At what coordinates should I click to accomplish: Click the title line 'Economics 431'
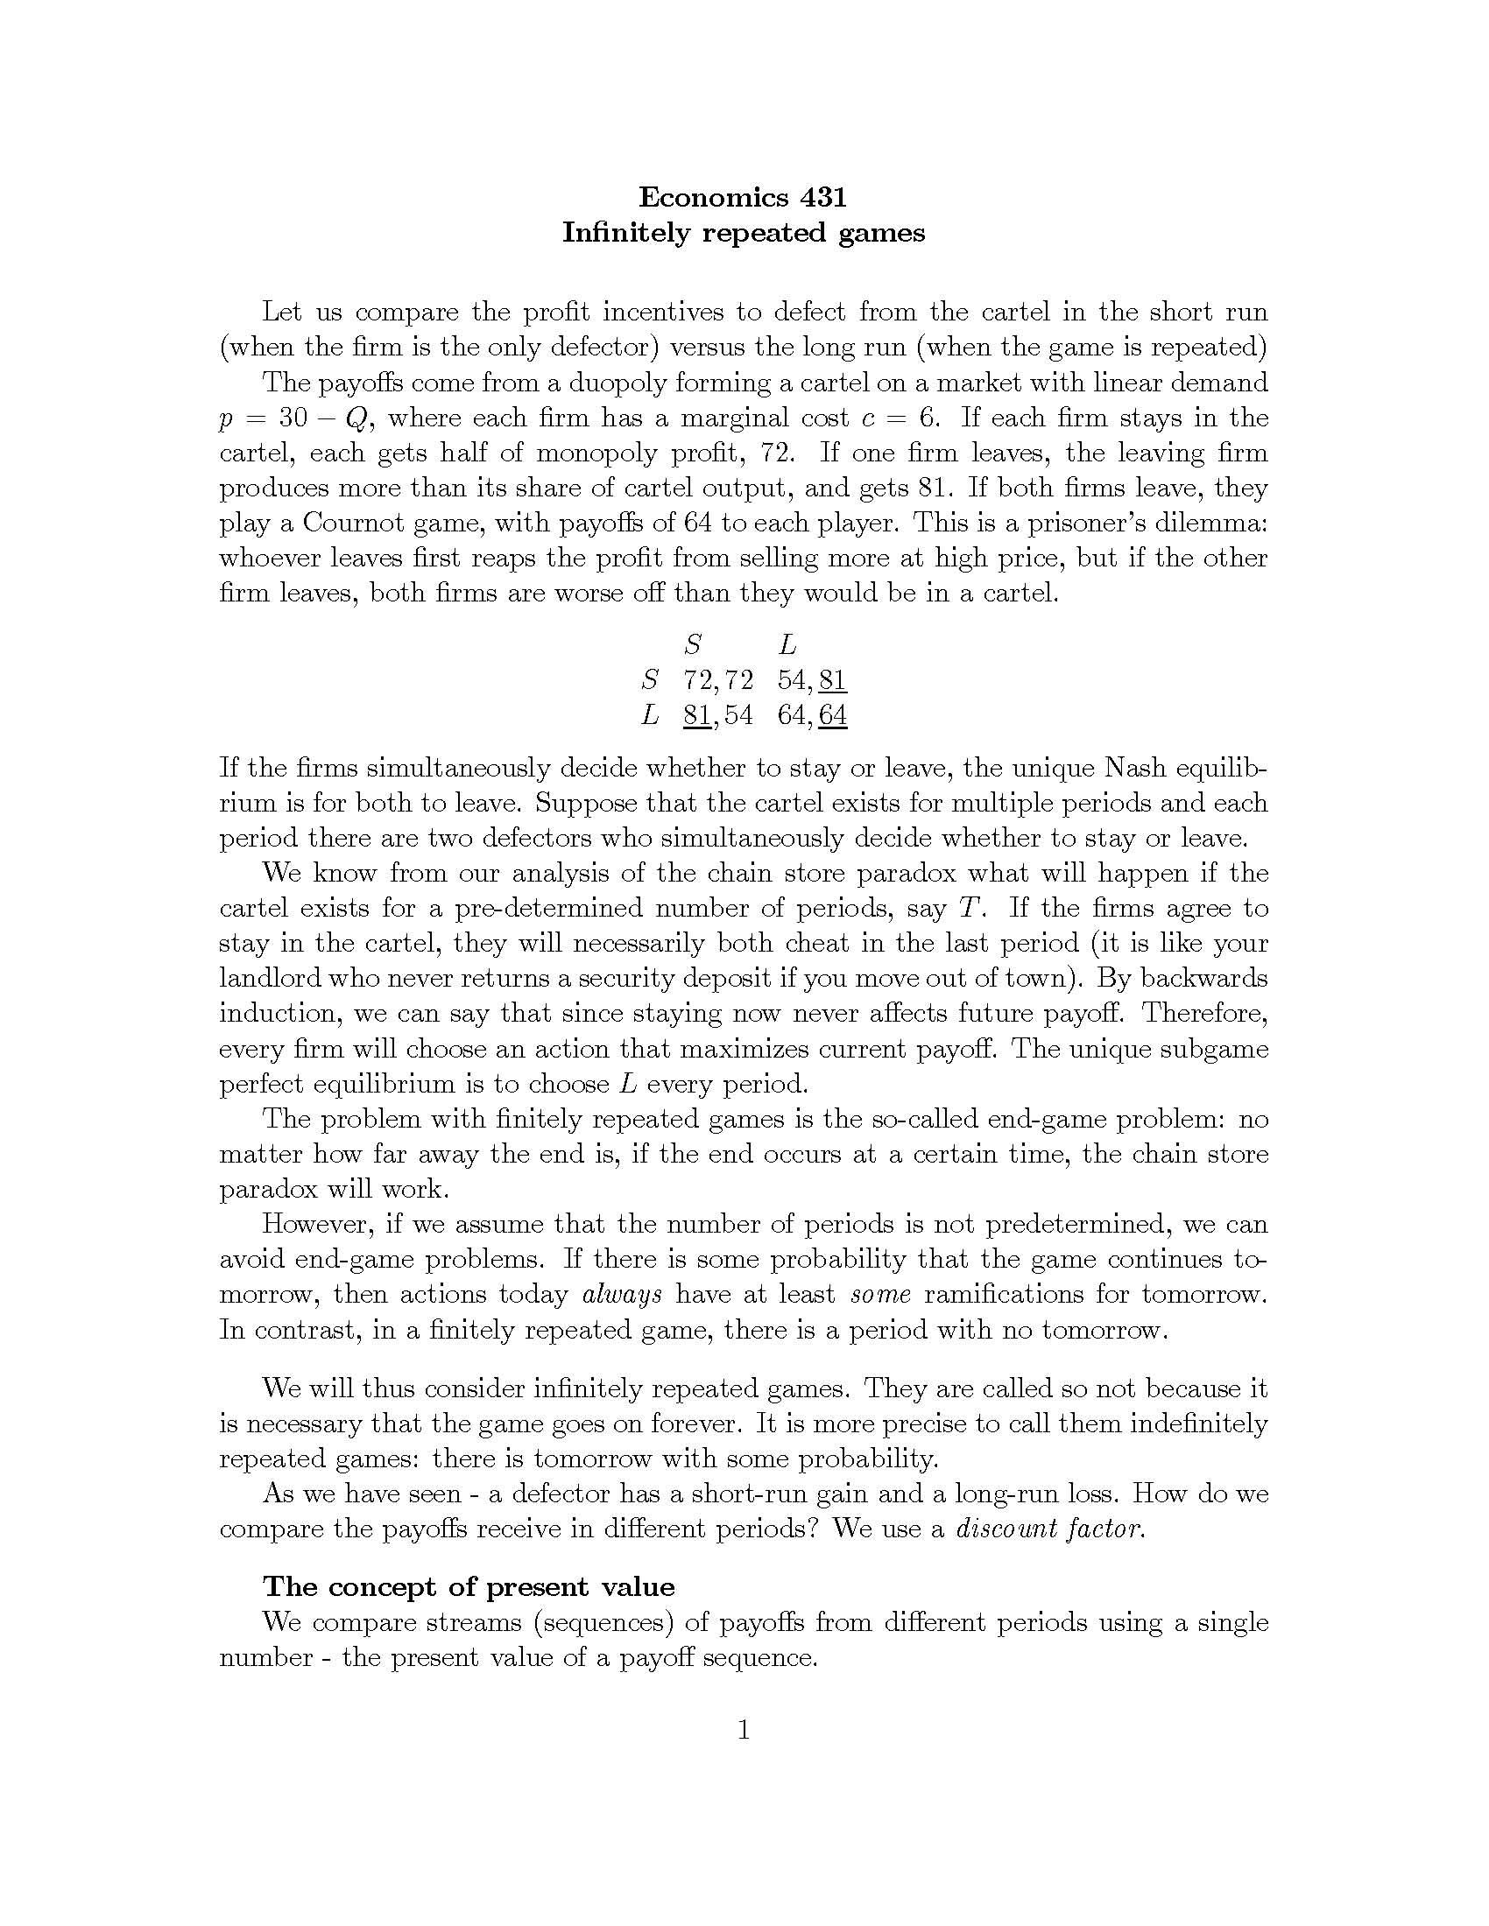click(x=743, y=196)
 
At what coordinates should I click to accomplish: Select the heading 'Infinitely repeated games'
click(x=743, y=233)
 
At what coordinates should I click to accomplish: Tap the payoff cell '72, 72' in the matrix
click(x=718, y=680)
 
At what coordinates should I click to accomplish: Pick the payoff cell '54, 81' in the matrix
click(x=812, y=680)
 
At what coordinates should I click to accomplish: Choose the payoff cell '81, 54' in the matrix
click(x=718, y=715)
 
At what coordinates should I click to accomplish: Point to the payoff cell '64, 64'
click(x=812, y=715)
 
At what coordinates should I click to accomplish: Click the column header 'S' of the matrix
click(x=694, y=644)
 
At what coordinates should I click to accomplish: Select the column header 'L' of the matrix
click(x=787, y=644)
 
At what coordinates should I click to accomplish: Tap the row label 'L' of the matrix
click(x=651, y=715)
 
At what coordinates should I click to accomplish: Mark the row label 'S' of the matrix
click(x=651, y=680)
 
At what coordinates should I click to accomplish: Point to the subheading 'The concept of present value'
click(x=469, y=1586)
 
